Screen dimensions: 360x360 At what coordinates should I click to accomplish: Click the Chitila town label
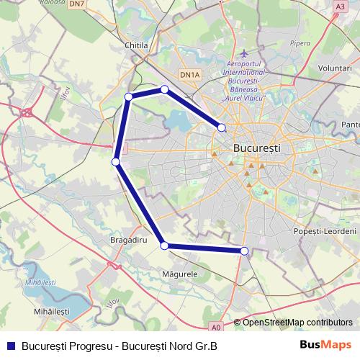coord(135,45)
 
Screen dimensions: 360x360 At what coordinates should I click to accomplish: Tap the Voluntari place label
coord(333,67)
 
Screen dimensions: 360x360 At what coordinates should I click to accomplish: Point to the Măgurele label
coord(181,274)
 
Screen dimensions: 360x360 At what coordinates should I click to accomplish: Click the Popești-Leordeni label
coord(325,231)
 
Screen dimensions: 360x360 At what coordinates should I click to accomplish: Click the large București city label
coord(258,147)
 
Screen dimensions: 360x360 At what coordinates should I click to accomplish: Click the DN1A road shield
coord(190,74)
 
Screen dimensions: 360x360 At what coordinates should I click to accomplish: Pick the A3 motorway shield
coord(340,6)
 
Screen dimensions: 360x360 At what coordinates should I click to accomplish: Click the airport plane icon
coord(245,53)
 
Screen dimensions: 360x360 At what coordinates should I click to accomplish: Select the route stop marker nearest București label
coord(222,127)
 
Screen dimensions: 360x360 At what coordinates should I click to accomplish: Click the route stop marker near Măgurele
coord(165,246)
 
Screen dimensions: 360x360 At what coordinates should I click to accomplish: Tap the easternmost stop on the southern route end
coord(245,251)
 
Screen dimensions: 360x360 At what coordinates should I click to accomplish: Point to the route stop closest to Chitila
coord(129,96)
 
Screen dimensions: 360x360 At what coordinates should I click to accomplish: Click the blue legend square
coord(10,345)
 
